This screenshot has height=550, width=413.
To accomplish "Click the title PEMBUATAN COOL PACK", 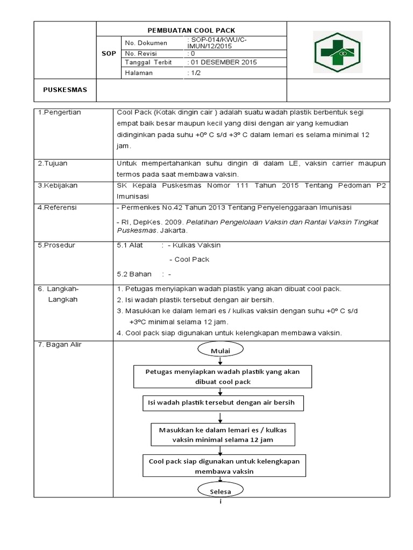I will click(191, 31).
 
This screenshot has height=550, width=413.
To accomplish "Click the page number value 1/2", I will click(193, 73).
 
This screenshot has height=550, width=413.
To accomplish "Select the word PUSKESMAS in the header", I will click(65, 89).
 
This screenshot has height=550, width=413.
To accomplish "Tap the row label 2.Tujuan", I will click(53, 163).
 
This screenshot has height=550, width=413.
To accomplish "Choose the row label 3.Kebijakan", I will click(58, 185).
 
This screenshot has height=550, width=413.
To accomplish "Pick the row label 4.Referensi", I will click(58, 207).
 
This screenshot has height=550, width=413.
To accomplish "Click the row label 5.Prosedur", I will click(56, 245).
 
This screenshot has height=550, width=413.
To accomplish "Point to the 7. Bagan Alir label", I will click(60, 344).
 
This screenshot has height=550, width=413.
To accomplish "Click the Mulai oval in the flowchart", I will click(220, 351).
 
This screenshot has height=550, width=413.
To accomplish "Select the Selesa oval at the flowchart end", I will click(220, 491).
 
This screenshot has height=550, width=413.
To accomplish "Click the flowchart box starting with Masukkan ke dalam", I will click(222, 435).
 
